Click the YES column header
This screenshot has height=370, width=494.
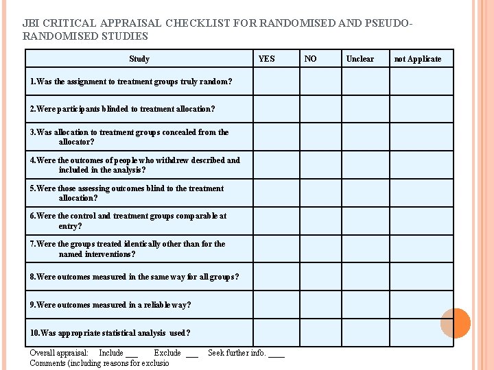(266, 59)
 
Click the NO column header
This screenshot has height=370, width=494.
(311, 59)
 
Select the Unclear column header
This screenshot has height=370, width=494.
(360, 59)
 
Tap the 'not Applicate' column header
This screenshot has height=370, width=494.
(418, 59)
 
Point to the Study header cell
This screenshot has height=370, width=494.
(139, 59)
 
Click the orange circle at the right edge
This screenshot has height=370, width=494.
(456, 323)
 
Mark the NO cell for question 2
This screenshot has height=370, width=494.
(320, 109)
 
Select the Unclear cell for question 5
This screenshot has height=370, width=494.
(366, 193)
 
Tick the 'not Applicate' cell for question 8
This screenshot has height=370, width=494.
(421, 277)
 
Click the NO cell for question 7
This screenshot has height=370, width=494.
(320, 249)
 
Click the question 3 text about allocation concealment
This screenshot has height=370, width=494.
(130, 137)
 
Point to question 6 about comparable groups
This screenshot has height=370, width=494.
(128, 221)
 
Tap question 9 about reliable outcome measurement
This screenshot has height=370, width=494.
(110, 305)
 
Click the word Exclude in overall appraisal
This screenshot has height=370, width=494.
(167, 353)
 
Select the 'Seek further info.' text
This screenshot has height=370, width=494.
(237, 353)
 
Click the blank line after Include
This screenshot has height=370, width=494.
(132, 355)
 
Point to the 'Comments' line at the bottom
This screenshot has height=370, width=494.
(99, 363)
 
